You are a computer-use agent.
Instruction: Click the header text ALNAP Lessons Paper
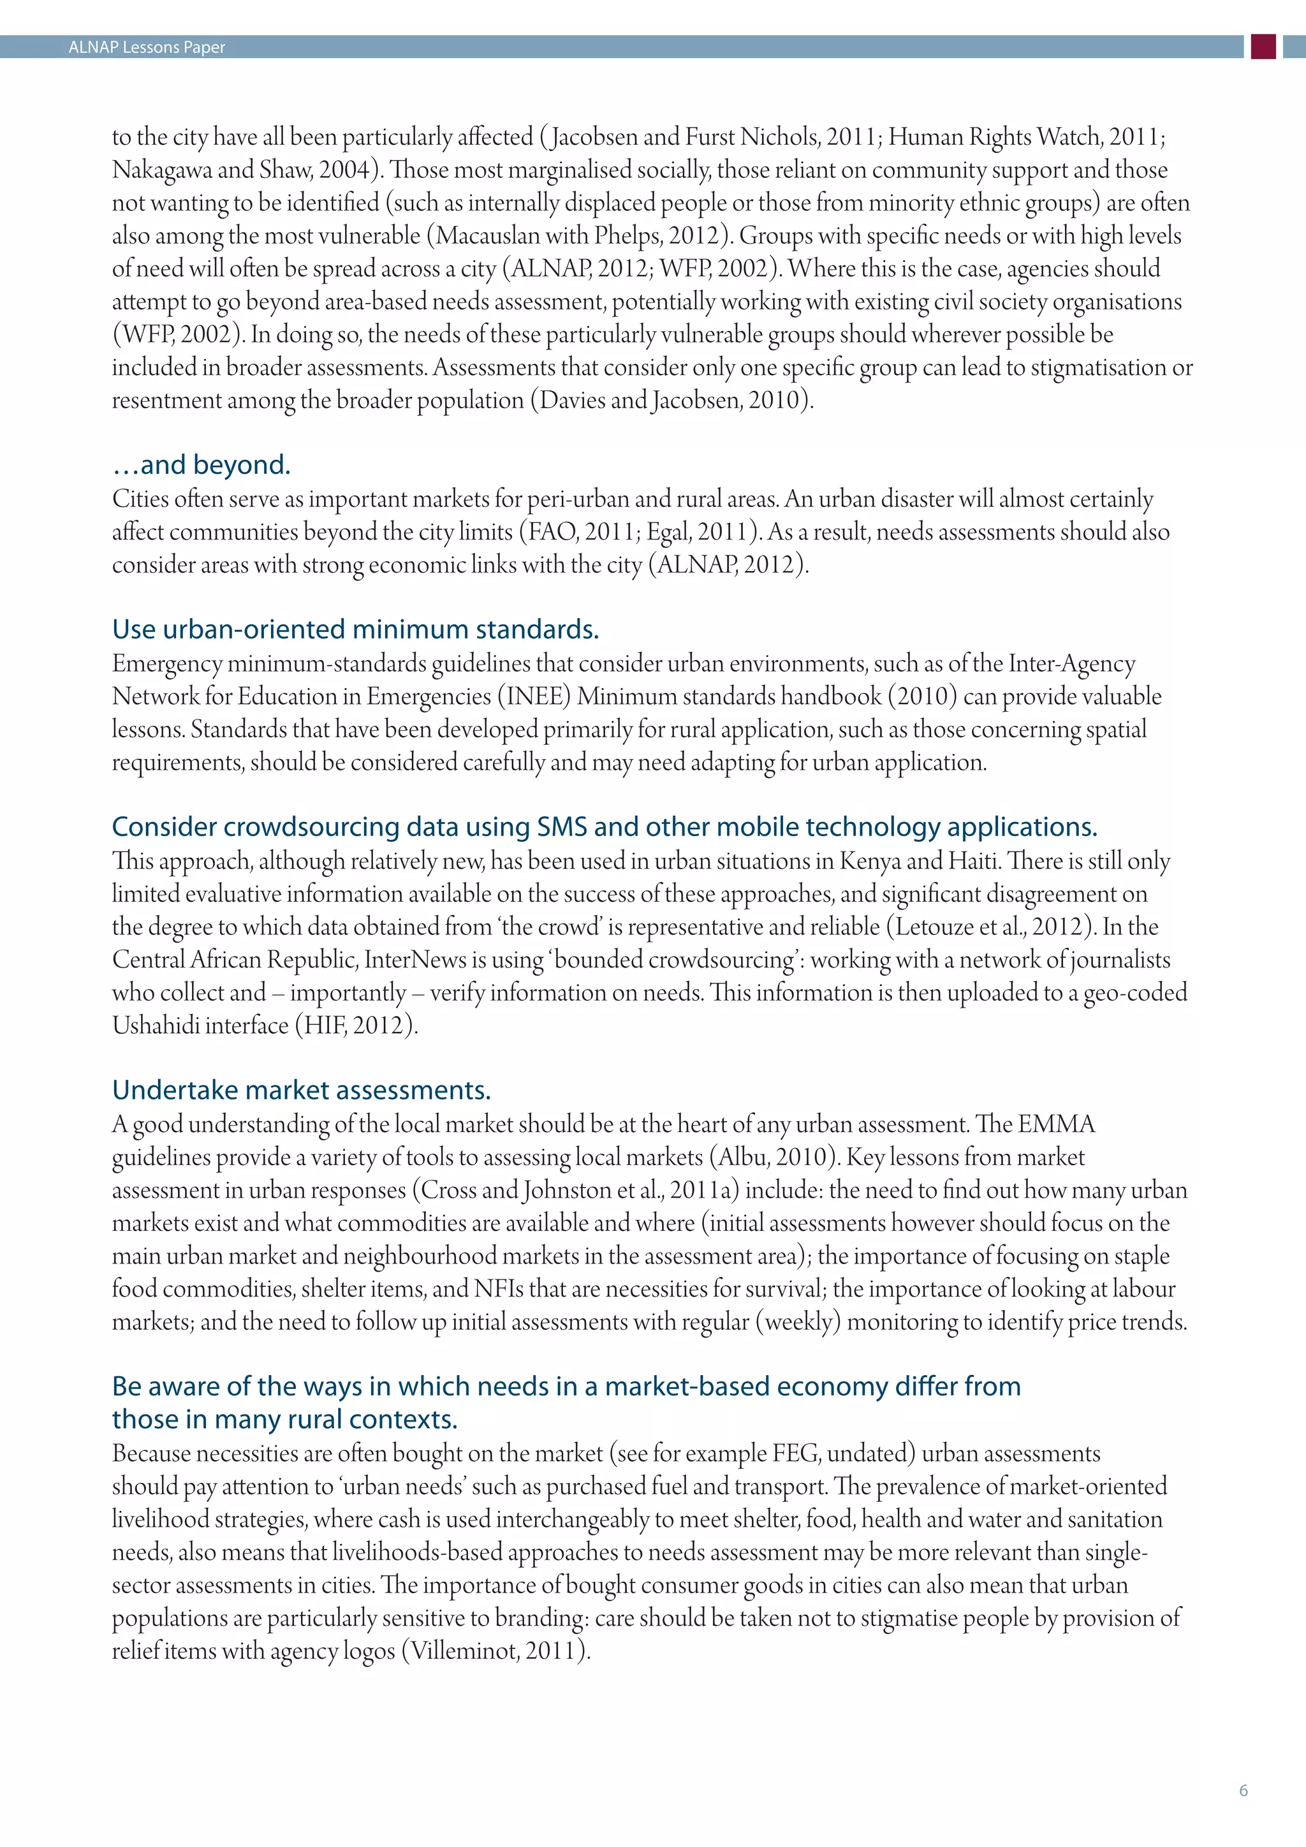click(147, 47)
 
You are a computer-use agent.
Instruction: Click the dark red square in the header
click(1263, 46)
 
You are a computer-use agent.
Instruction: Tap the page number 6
click(1244, 1790)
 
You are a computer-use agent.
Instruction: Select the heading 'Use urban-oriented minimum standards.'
click(355, 628)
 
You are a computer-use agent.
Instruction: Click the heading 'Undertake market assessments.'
click(301, 1089)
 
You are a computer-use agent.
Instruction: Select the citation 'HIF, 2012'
click(357, 1026)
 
